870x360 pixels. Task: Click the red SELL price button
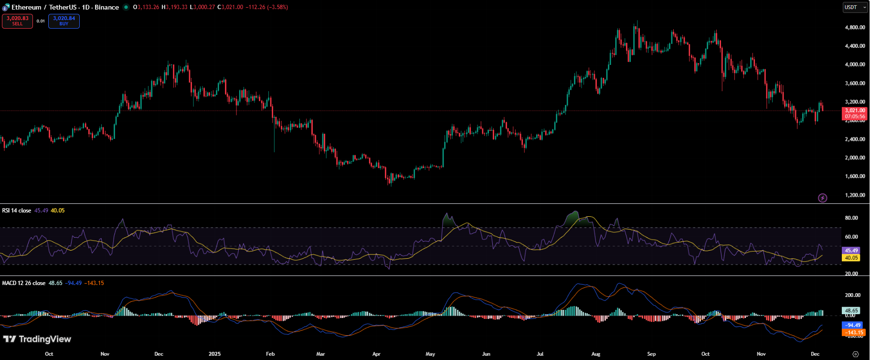click(x=17, y=21)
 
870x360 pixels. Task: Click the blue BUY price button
click(x=64, y=21)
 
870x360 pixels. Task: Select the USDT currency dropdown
click(x=855, y=7)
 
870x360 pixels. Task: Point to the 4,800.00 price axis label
click(x=855, y=28)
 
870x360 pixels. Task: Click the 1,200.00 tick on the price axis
click(x=855, y=195)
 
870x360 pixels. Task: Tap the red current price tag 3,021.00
click(x=855, y=111)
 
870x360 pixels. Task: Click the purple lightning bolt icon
click(x=822, y=198)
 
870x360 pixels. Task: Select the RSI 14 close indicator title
click(x=17, y=211)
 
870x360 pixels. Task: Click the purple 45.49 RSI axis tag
click(x=851, y=251)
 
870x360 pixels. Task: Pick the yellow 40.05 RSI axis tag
click(x=851, y=258)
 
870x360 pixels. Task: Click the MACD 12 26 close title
click(x=24, y=283)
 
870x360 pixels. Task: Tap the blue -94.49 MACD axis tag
click(x=852, y=326)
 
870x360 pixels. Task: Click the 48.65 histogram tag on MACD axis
click(x=851, y=310)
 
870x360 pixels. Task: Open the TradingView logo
click(x=37, y=339)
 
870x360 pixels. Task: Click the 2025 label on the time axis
click(x=215, y=354)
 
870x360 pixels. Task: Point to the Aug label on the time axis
click(x=595, y=354)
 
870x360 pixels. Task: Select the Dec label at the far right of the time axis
click(x=815, y=354)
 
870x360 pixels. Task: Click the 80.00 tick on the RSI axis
click(x=851, y=218)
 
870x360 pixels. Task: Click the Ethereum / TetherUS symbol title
click(x=65, y=7)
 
